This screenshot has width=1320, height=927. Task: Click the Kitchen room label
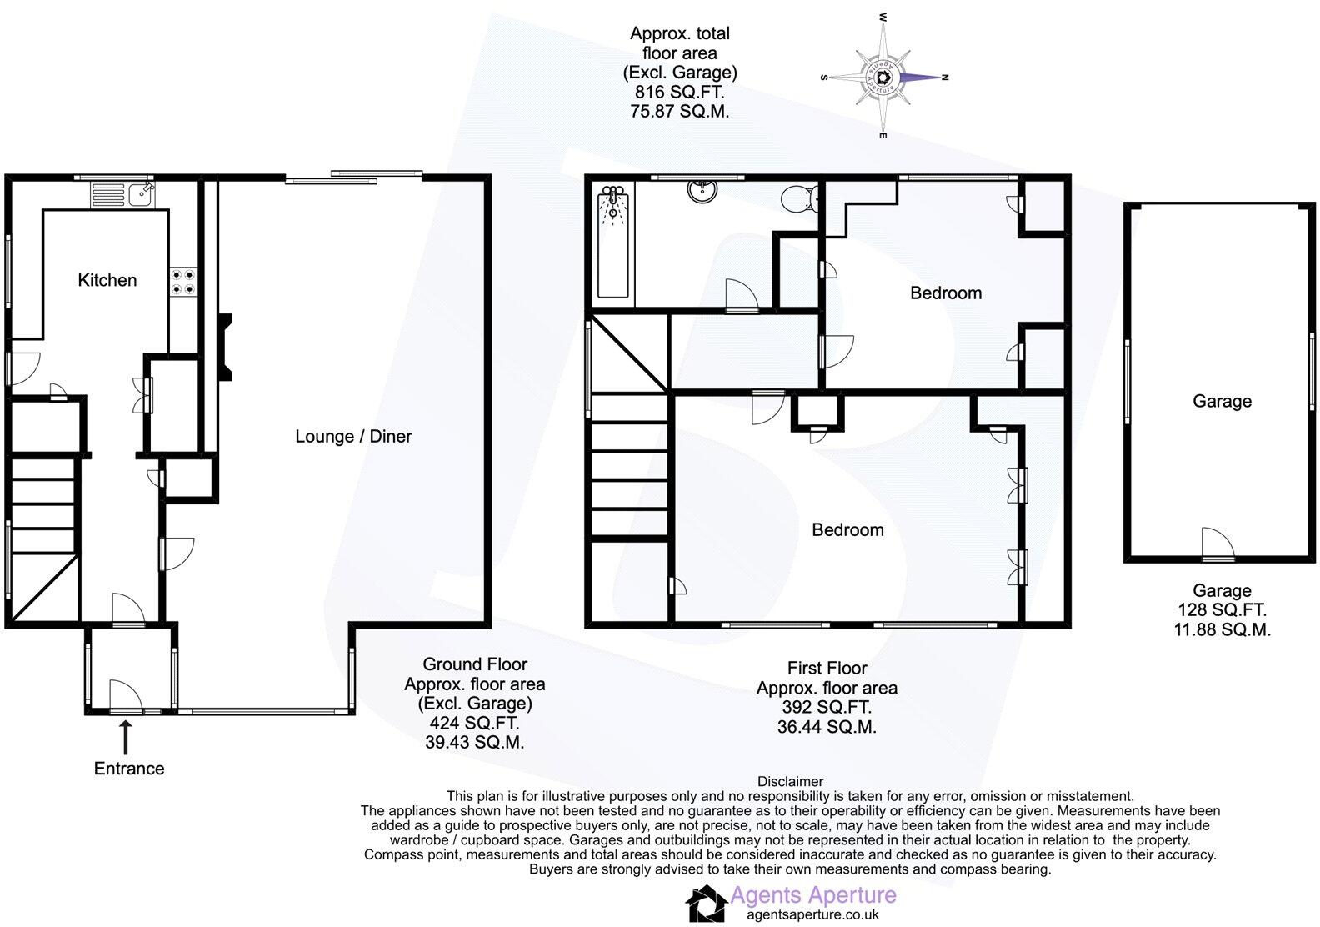(x=107, y=280)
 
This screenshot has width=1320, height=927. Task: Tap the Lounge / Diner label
(x=353, y=436)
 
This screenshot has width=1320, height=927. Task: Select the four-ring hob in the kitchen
(x=184, y=282)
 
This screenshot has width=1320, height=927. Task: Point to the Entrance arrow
(x=126, y=737)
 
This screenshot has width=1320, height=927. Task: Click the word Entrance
(x=128, y=769)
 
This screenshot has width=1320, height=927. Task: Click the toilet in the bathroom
(x=797, y=199)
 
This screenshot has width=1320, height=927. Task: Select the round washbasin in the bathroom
(x=702, y=191)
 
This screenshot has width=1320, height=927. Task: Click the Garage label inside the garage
(x=1222, y=401)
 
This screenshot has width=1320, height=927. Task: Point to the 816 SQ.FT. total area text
(x=679, y=92)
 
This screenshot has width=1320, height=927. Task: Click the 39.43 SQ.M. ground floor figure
(x=474, y=742)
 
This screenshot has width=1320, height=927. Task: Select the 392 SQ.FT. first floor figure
(x=826, y=707)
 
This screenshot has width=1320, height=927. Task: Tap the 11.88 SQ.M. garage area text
(x=1222, y=630)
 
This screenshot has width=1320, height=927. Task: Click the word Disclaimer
(x=789, y=781)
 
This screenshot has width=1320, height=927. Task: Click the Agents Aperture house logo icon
(x=705, y=904)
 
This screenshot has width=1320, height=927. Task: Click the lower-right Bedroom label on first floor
(x=847, y=529)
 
